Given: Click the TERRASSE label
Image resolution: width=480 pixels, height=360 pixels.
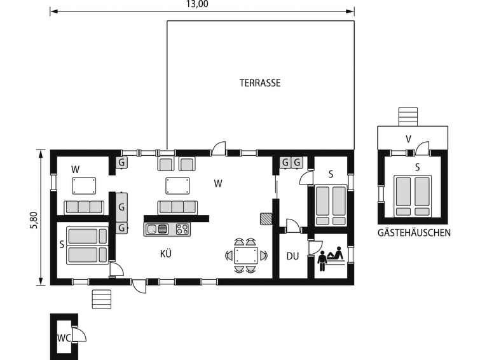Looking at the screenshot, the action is (x=260, y=83).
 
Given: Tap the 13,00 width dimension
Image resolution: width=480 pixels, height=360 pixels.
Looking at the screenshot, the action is (x=197, y=4).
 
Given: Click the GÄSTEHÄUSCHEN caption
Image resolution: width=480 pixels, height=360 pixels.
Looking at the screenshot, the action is (x=414, y=233).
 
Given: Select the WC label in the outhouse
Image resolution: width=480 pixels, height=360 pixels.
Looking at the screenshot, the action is (x=64, y=338).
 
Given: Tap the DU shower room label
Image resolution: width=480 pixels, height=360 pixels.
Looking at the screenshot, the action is (x=292, y=256).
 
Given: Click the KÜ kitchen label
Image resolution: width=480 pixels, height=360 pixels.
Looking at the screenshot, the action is (x=165, y=254).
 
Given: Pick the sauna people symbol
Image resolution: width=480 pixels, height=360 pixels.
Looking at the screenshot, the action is (x=331, y=258).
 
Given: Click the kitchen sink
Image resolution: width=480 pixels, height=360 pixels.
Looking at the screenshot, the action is (x=156, y=229).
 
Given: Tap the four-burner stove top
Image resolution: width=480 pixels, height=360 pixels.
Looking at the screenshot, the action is (x=182, y=229).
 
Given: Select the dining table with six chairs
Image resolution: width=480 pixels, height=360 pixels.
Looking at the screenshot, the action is (x=246, y=256).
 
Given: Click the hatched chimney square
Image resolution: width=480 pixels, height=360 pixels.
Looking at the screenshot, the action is (x=266, y=219).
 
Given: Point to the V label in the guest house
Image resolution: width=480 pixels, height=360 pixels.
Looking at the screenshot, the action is (x=408, y=139).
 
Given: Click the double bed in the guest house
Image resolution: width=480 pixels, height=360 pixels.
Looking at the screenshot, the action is (x=413, y=196).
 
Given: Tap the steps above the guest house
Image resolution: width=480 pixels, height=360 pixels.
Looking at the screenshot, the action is (x=408, y=116).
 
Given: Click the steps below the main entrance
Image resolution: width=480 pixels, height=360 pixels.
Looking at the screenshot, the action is (x=102, y=300).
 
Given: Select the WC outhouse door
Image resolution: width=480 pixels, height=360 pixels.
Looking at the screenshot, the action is (x=79, y=334).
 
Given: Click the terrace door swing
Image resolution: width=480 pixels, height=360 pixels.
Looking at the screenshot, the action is (x=219, y=149).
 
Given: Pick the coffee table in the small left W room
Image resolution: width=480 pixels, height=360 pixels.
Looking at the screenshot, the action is (x=84, y=186).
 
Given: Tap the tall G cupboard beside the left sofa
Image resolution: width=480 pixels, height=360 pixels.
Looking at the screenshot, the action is (x=121, y=207).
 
